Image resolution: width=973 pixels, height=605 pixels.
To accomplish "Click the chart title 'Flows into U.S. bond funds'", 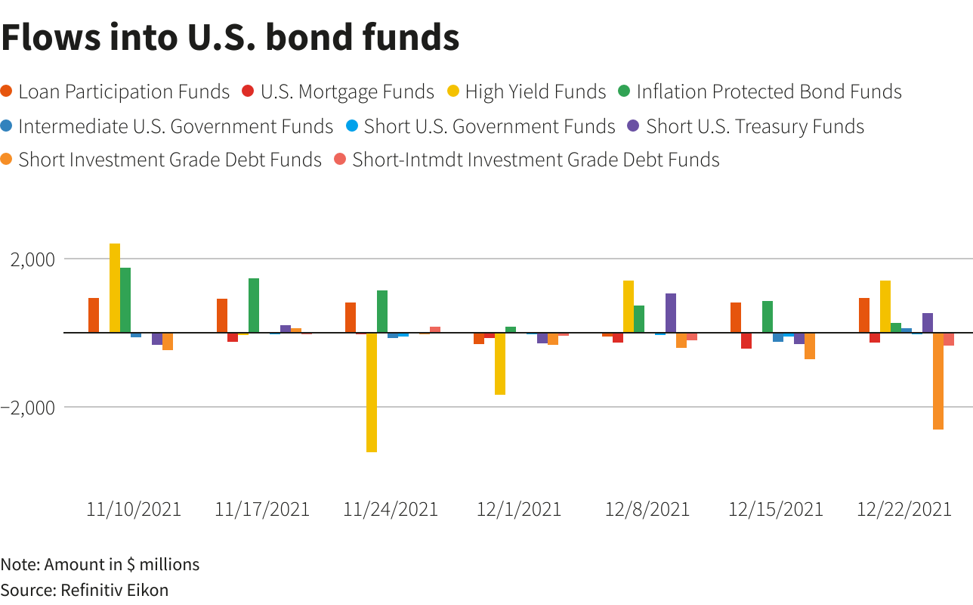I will point(230,37).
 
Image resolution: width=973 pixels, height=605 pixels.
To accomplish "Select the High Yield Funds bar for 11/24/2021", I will point(372,392).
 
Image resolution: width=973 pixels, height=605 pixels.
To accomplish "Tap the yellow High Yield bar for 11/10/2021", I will point(115,287).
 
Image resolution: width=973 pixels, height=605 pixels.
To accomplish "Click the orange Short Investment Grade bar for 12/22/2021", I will point(938,380).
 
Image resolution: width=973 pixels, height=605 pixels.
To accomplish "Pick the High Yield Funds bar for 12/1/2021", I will point(500,363).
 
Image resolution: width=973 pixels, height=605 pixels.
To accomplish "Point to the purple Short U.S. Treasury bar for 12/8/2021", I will point(671,313).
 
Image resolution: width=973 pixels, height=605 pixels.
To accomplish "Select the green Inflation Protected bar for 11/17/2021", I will point(254,306).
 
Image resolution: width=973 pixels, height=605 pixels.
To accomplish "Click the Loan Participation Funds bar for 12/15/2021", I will point(736,318).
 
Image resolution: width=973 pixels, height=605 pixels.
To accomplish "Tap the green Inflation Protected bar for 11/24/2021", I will point(382,312).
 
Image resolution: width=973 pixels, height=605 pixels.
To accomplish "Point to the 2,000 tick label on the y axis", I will point(32,259).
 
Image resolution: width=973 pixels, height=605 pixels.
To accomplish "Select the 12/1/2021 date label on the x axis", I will point(519,509).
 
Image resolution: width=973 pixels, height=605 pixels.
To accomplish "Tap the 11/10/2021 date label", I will point(134,509).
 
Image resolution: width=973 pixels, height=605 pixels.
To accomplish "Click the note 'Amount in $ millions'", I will point(100,564).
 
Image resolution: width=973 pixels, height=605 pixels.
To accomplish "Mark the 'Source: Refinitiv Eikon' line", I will point(85,590).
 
